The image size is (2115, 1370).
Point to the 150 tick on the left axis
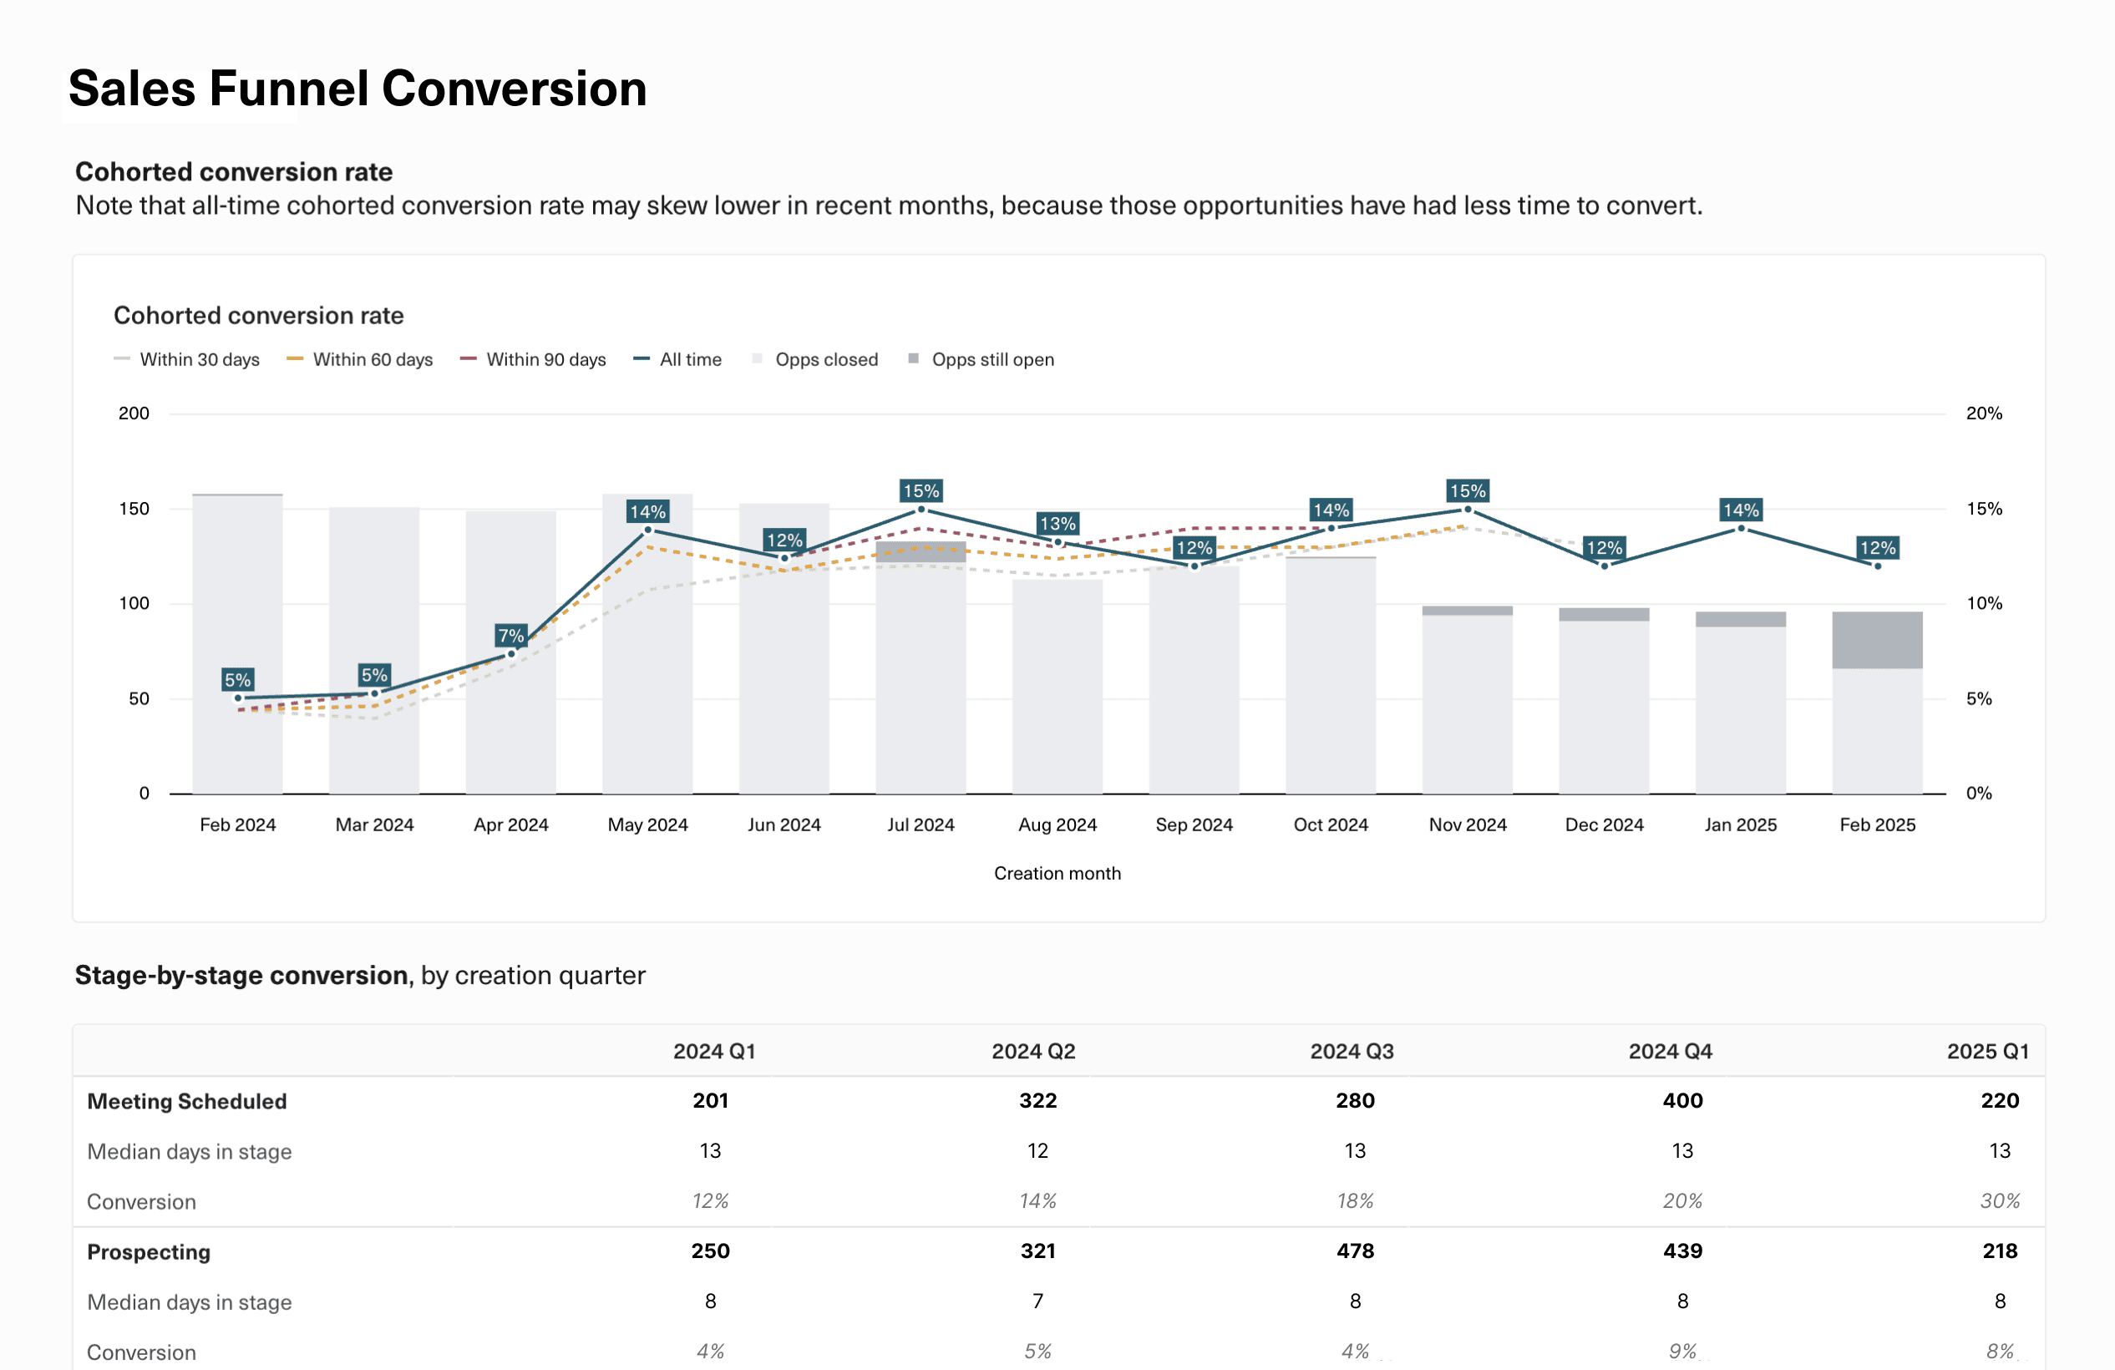(134, 509)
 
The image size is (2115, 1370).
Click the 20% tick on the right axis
(1984, 414)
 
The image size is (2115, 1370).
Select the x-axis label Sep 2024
(1194, 825)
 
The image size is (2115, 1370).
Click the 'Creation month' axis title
(1057, 873)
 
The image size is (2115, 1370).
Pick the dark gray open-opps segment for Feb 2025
(1877, 640)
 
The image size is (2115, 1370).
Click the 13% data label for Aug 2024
(1057, 523)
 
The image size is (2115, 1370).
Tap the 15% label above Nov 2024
(1467, 490)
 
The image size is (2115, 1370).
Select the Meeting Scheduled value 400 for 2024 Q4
(1682, 1101)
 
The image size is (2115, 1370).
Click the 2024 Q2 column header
(1032, 1051)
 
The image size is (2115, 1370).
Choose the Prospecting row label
(149, 1252)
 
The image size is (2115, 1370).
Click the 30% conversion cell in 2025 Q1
(2000, 1201)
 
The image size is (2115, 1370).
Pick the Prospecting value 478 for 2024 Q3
(1355, 1251)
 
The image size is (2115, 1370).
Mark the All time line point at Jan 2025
(1740, 529)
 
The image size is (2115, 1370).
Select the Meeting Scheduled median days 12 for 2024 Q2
(1037, 1151)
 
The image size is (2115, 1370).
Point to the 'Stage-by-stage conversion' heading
(241, 976)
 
